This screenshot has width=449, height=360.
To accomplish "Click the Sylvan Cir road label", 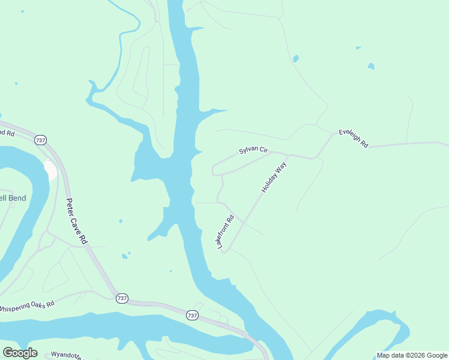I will [x=253, y=150].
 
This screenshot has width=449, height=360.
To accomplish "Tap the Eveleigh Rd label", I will [x=353, y=138].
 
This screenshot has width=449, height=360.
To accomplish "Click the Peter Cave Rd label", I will [x=76, y=221].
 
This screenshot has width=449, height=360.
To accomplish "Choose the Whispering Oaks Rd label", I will [x=26, y=305].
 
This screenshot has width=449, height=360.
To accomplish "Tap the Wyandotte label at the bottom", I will [x=65, y=355].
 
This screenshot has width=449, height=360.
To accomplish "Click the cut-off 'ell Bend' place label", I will [x=13, y=198].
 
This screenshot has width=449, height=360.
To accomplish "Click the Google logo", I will [x=20, y=353].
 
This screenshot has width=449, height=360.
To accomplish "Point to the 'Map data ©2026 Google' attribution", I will [x=412, y=355].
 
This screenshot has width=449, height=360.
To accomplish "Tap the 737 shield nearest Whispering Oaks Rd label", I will [x=122, y=298].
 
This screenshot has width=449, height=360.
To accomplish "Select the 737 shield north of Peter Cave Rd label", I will [x=40, y=140].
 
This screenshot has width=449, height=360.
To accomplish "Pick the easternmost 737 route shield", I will [x=192, y=315].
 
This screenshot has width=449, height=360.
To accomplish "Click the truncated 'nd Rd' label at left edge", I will [x=7, y=133].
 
